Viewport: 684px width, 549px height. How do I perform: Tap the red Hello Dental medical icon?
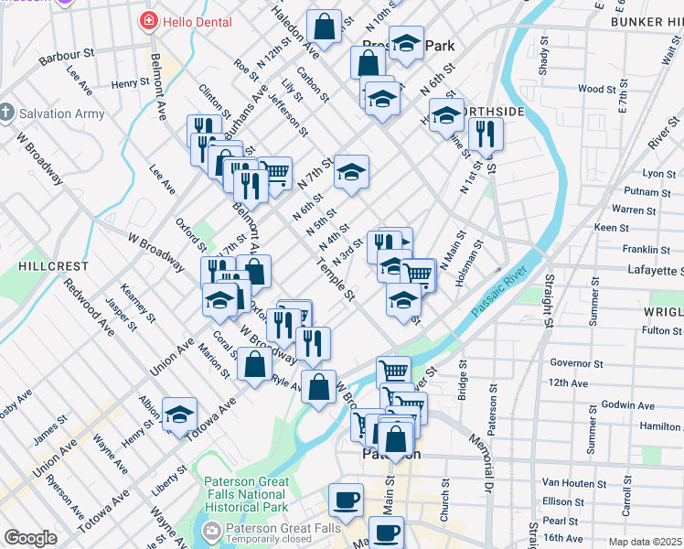point(146,19)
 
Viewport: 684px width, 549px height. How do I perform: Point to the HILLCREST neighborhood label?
point(53,266)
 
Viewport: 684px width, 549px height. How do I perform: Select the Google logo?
point(30,538)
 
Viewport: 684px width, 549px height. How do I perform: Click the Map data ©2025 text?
point(646,542)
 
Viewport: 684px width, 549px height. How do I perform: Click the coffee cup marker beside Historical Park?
point(346,500)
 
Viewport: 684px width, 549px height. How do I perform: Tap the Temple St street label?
point(335,282)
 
